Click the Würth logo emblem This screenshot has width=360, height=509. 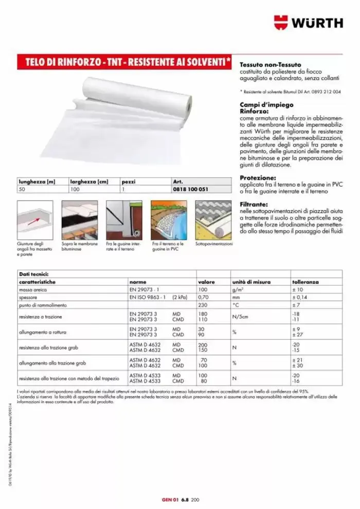point(281,22)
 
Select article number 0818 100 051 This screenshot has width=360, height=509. point(191,189)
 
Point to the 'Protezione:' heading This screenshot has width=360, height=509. point(258,178)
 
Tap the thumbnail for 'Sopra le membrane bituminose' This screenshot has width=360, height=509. point(80,220)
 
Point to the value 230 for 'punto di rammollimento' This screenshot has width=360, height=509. point(203,305)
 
